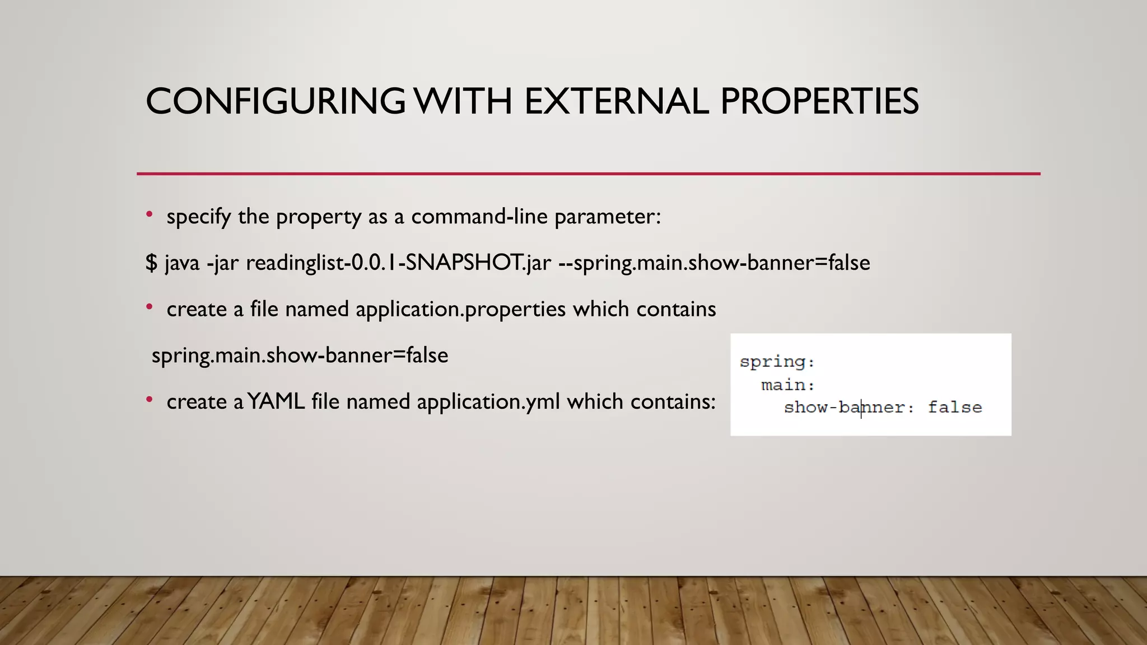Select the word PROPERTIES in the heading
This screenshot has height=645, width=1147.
[819, 102]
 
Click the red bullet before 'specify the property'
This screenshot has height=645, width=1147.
[150, 214]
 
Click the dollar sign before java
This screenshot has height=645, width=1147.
[151, 263]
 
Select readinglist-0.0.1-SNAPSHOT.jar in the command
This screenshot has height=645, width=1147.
[398, 263]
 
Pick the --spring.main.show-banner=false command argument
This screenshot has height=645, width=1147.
[715, 263]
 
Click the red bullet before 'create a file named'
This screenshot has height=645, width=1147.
[150, 307]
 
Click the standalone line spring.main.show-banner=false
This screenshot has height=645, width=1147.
[300, 356]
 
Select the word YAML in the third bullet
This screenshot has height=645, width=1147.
[276, 402]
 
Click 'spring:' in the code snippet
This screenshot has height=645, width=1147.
[777, 362]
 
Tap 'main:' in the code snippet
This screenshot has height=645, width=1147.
[787, 385]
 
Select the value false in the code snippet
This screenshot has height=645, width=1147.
[955, 408]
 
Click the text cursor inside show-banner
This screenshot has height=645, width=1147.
[861, 408]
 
